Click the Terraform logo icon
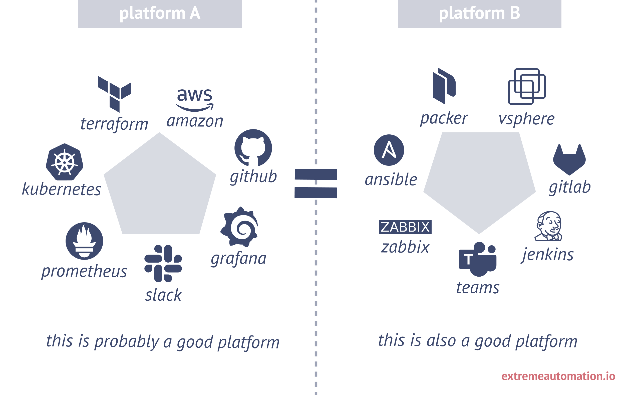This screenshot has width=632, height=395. click(114, 94)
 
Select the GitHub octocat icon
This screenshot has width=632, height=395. click(253, 148)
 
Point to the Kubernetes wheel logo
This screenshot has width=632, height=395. click(65, 162)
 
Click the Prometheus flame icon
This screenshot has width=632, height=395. click(84, 241)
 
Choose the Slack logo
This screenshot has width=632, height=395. click(163, 263)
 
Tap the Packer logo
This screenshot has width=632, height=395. click(444, 86)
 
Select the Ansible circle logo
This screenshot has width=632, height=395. click(389, 150)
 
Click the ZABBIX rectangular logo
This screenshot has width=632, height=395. click(405, 227)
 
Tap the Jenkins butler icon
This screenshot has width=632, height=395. click(548, 226)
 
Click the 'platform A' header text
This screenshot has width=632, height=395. click(160, 13)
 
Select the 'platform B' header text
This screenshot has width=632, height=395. click(479, 13)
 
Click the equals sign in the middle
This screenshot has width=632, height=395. click(315, 184)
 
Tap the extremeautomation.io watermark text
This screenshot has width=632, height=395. click(558, 376)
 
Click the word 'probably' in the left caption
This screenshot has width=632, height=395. click(127, 342)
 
